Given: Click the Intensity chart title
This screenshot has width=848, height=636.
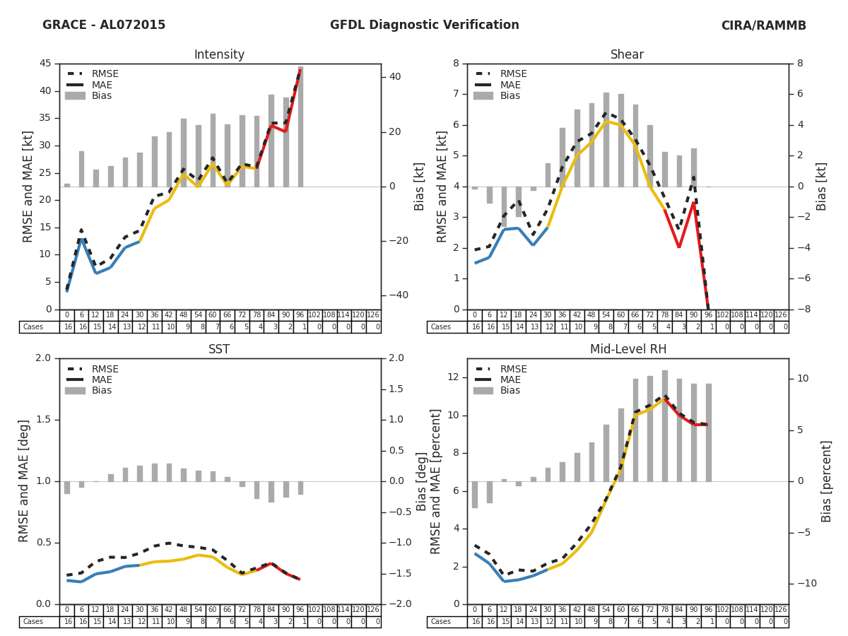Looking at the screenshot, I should (x=219, y=55).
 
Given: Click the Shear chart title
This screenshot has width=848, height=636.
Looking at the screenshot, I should (x=627, y=55).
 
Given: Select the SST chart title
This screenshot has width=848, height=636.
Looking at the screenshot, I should (x=219, y=350).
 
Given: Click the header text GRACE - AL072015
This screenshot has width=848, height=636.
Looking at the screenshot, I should (x=104, y=25).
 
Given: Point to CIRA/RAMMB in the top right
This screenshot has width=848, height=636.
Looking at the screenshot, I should (x=763, y=26).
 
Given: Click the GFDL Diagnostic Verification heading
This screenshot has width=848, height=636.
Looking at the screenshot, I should (x=424, y=25).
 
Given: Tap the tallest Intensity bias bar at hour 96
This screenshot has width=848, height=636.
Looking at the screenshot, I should (x=300, y=127).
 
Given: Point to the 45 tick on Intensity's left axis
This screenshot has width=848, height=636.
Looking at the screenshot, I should (x=45, y=64).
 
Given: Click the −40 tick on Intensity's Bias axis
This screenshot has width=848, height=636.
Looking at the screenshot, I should (x=394, y=295).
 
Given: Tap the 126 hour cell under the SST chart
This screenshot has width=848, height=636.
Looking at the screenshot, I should (x=373, y=610).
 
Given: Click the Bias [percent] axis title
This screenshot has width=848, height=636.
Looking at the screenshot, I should (x=826, y=481).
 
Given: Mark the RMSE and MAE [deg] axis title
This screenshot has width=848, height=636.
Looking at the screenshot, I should (x=25, y=481).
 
